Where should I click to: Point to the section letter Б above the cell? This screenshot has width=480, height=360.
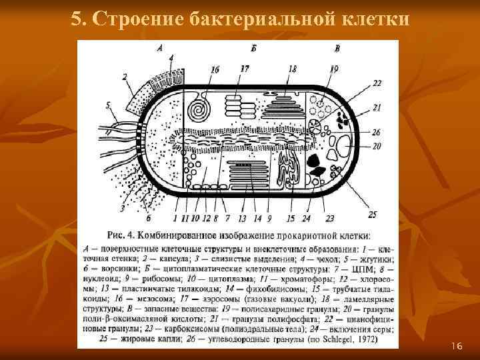tap(254, 48)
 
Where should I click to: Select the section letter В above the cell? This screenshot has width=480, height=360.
tap(337, 48)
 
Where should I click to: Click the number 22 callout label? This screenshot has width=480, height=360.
tap(377, 83)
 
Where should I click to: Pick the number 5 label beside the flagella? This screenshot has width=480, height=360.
tap(108, 105)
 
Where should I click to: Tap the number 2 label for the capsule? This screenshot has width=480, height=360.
tap(125, 77)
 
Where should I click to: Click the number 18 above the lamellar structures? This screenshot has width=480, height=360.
tap(292, 69)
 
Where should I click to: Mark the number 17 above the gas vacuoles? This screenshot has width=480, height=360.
tap(244, 69)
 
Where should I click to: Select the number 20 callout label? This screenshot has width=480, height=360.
tap(376, 146)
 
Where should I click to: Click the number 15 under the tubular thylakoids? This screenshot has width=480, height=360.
tap(290, 218)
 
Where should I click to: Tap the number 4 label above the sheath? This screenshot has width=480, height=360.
tap(171, 58)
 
